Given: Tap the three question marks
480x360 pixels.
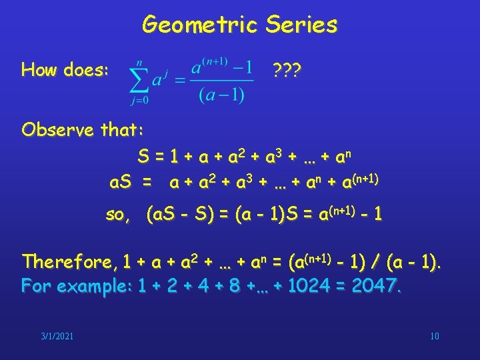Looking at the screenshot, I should (287, 69).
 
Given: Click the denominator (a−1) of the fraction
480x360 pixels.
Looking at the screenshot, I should (221, 95).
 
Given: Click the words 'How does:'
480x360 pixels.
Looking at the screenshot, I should (65, 69).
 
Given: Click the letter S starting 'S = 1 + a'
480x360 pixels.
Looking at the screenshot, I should (143, 158).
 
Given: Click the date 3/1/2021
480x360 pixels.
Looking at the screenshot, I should (57, 335).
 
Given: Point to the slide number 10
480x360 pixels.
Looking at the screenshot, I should (435, 335).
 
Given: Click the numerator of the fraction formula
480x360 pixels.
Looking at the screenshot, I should (221, 68).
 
